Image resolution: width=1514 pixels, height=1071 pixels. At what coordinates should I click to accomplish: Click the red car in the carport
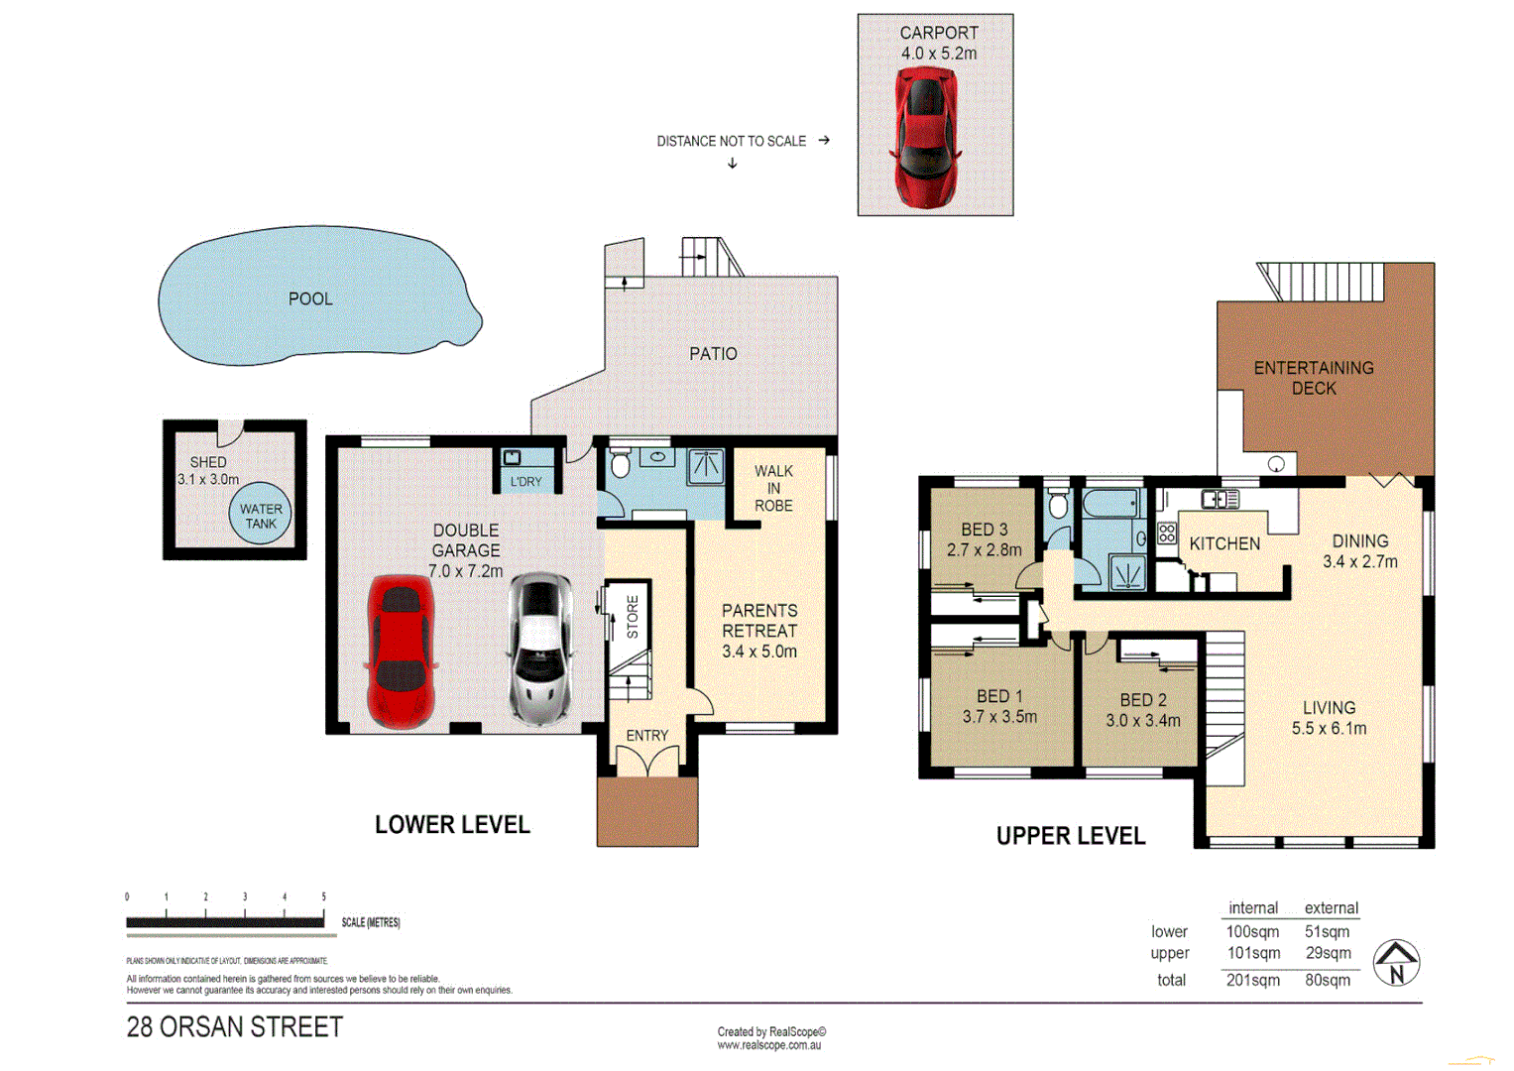click(x=927, y=137)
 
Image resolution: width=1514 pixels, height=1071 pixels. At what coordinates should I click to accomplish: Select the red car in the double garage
click(x=401, y=652)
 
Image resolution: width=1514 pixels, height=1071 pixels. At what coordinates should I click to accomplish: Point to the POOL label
click(x=310, y=298)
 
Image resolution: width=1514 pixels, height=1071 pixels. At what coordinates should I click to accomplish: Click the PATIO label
click(x=713, y=354)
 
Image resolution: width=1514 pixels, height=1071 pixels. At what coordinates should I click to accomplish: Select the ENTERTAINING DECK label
click(x=1314, y=378)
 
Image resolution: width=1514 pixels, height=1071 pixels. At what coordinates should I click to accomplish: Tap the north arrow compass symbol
click(x=1396, y=962)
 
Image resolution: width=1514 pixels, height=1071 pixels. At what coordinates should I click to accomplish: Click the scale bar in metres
click(x=225, y=922)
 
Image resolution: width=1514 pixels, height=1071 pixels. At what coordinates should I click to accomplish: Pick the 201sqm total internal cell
click(x=1252, y=980)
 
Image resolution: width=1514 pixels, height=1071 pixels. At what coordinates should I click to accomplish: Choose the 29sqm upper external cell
click(x=1328, y=953)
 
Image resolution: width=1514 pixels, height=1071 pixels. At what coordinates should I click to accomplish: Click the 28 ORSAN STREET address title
click(x=235, y=1027)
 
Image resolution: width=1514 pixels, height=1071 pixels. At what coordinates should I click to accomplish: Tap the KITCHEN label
click(x=1224, y=543)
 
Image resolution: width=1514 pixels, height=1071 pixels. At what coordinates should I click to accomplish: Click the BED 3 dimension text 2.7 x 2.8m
click(x=984, y=550)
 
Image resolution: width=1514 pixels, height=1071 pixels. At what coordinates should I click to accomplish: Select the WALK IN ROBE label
click(x=773, y=488)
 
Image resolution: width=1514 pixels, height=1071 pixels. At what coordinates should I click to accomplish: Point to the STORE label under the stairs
click(x=633, y=616)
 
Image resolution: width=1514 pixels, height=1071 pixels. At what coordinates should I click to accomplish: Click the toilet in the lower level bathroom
click(x=621, y=463)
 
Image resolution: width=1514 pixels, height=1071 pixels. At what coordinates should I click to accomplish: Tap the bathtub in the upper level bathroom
click(x=1109, y=504)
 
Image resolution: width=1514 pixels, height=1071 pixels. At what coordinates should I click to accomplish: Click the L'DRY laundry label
click(x=525, y=482)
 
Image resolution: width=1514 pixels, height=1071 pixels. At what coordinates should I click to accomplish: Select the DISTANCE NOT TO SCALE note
click(x=731, y=142)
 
